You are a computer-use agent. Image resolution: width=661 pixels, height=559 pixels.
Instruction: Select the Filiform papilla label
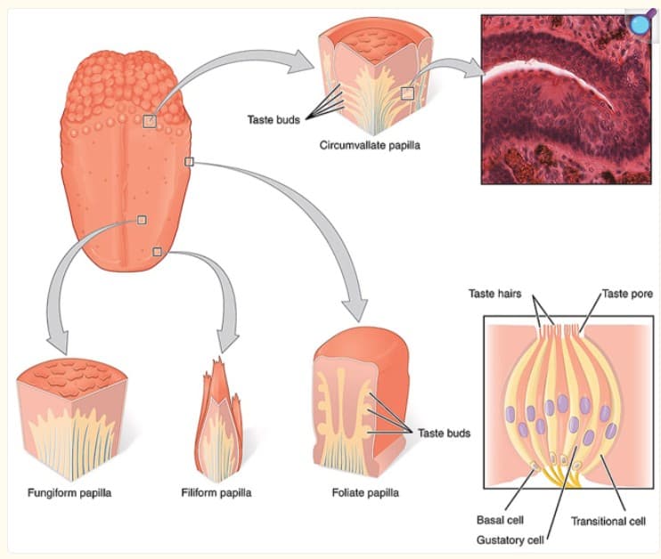[x=216, y=490]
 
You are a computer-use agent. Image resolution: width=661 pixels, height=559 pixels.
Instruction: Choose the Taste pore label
[x=626, y=293]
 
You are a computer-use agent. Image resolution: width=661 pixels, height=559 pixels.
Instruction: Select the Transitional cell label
[x=608, y=520]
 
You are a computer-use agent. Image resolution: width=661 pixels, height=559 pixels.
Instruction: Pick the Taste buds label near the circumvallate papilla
[x=273, y=117]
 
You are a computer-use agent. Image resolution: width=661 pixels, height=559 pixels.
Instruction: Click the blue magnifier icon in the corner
[x=639, y=24]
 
